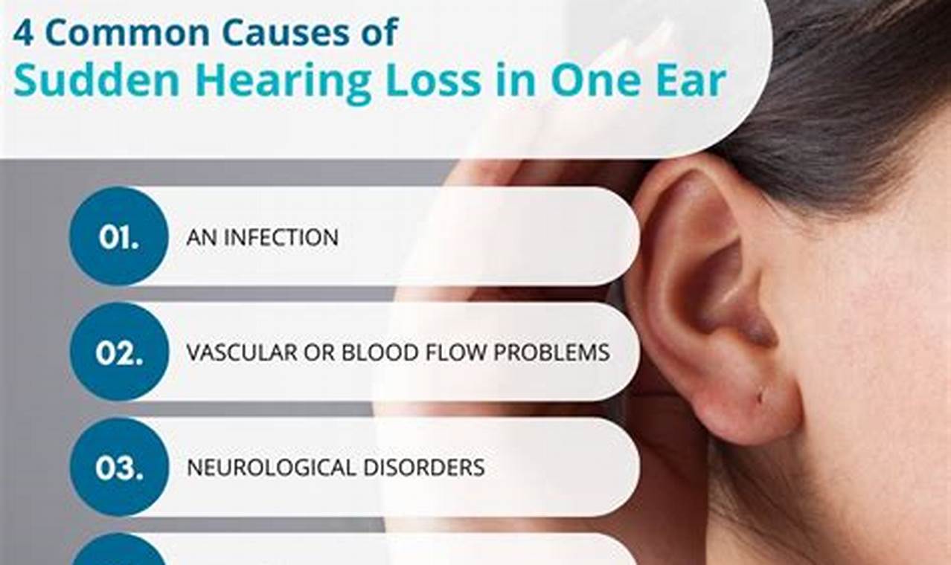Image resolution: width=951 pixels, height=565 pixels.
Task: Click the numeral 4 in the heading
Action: [23, 33]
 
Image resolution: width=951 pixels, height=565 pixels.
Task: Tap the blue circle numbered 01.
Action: [119, 236]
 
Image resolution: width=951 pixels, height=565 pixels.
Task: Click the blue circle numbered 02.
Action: [119, 352]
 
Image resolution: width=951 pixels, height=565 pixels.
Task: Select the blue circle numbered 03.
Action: [119, 467]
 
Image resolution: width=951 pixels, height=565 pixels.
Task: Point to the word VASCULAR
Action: [239, 352]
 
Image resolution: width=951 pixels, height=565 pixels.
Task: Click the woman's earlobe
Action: [752, 405]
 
